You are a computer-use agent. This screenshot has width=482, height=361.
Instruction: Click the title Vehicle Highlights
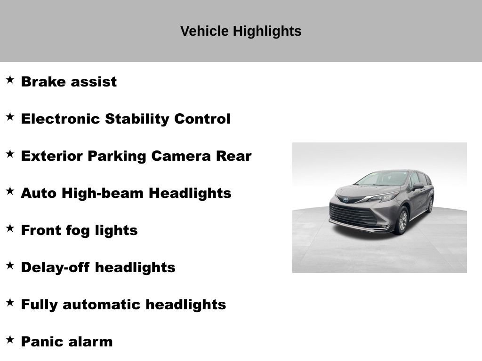[x=241, y=31]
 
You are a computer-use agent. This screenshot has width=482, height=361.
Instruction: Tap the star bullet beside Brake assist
[x=10, y=79]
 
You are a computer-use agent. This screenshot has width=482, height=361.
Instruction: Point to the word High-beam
[x=103, y=193]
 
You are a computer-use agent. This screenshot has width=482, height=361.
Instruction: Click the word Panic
[x=40, y=342]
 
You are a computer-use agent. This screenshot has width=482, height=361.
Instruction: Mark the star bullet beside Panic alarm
[x=10, y=339]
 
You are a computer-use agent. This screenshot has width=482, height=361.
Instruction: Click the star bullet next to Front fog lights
[x=10, y=228]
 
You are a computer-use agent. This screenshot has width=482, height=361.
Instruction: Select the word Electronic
[x=60, y=119]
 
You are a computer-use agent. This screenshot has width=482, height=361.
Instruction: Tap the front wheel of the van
[x=402, y=220]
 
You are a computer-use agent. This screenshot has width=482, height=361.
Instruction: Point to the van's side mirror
[x=418, y=186]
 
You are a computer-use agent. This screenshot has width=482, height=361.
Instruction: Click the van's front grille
[x=353, y=214]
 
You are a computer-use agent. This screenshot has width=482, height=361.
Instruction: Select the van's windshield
[x=382, y=179]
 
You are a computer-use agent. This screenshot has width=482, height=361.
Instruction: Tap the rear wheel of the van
[x=431, y=204]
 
